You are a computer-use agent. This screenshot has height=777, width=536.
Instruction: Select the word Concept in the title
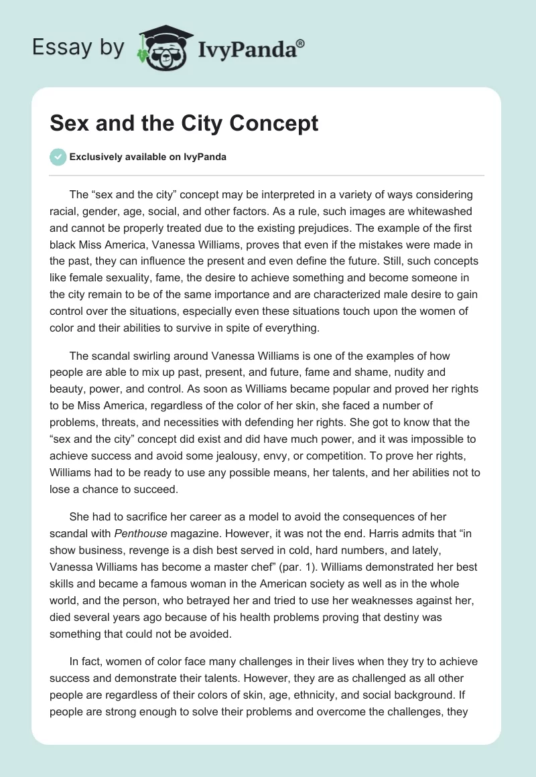tap(277, 124)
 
